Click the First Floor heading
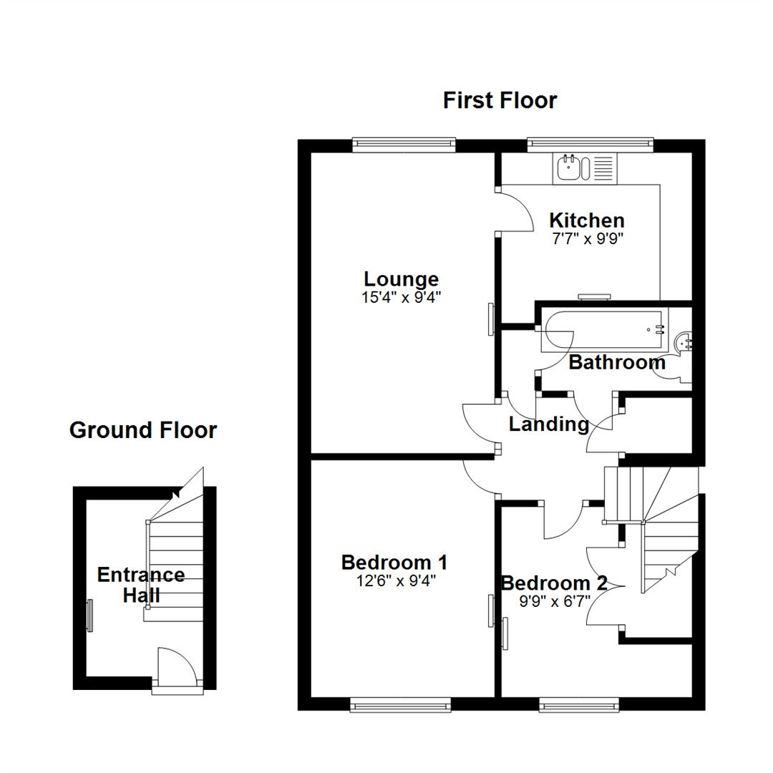pos(500,101)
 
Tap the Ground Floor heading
pos(143,430)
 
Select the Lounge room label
pos(402,279)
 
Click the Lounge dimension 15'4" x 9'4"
pos(402,298)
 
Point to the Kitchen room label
pos(587,220)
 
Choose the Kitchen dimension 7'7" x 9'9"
pos(588,239)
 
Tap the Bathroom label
pos(617,362)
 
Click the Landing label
pos(549,424)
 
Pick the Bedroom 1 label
pos(394,563)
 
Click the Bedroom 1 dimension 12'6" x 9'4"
pos(397,581)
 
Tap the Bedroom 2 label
pos(554,583)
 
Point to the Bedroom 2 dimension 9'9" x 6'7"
pos(555,602)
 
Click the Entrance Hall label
pos(141,585)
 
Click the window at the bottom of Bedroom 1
pos(400,706)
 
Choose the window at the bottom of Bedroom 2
pos(579,706)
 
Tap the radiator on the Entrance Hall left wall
pos(89,616)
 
